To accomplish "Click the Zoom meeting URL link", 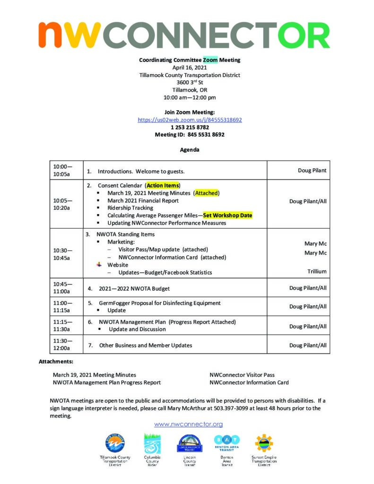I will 190,120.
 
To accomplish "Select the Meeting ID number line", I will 190,135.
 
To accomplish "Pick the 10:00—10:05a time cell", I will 63,170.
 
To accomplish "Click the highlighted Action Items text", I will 163,185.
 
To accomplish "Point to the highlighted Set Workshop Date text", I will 227,216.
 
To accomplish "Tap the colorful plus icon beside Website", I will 99,265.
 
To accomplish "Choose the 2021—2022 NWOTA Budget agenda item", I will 134,288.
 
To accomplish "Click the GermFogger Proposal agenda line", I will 159,303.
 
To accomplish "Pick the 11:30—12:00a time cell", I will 63,345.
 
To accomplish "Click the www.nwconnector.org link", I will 188,424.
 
